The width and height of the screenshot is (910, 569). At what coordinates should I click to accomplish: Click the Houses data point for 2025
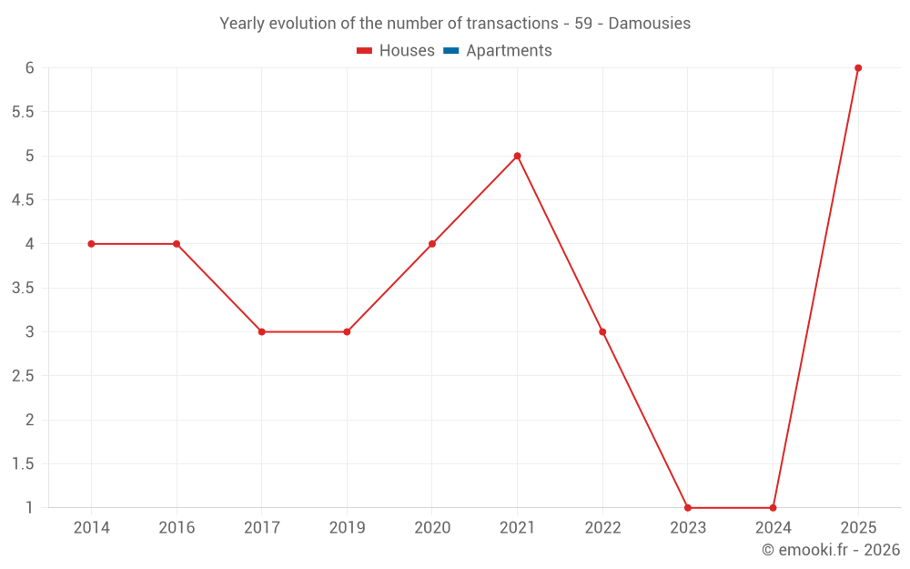[x=858, y=68]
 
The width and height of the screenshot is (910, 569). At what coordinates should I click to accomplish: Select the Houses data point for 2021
[x=517, y=156]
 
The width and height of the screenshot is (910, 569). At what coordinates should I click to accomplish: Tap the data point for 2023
[x=688, y=508]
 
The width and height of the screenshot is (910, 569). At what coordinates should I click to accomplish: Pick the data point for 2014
[x=91, y=244]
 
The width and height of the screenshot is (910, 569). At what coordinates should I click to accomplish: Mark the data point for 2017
[x=261, y=332]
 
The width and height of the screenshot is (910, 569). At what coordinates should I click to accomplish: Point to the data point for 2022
[x=602, y=332]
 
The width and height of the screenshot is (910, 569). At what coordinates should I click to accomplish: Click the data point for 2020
[x=432, y=244]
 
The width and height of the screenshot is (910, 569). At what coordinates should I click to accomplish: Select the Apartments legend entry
[x=509, y=51]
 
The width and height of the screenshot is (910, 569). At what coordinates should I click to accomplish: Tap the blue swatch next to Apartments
[x=450, y=51]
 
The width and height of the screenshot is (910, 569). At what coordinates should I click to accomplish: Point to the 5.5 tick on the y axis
[x=23, y=112]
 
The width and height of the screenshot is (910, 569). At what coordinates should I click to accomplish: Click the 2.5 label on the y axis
[x=23, y=376]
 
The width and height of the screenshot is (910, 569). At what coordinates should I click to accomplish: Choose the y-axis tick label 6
[x=29, y=68]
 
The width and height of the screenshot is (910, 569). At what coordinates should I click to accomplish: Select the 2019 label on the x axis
[x=347, y=528]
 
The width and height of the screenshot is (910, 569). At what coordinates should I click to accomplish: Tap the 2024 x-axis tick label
[x=773, y=528]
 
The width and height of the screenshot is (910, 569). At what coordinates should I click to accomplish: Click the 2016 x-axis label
[x=177, y=528]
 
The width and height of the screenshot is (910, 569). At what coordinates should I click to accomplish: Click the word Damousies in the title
[x=649, y=24]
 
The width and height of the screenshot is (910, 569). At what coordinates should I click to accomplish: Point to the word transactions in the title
[x=510, y=24]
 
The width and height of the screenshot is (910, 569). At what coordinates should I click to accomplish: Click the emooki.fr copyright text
[x=830, y=550]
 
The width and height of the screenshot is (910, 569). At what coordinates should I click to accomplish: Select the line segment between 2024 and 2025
[x=815, y=288]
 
